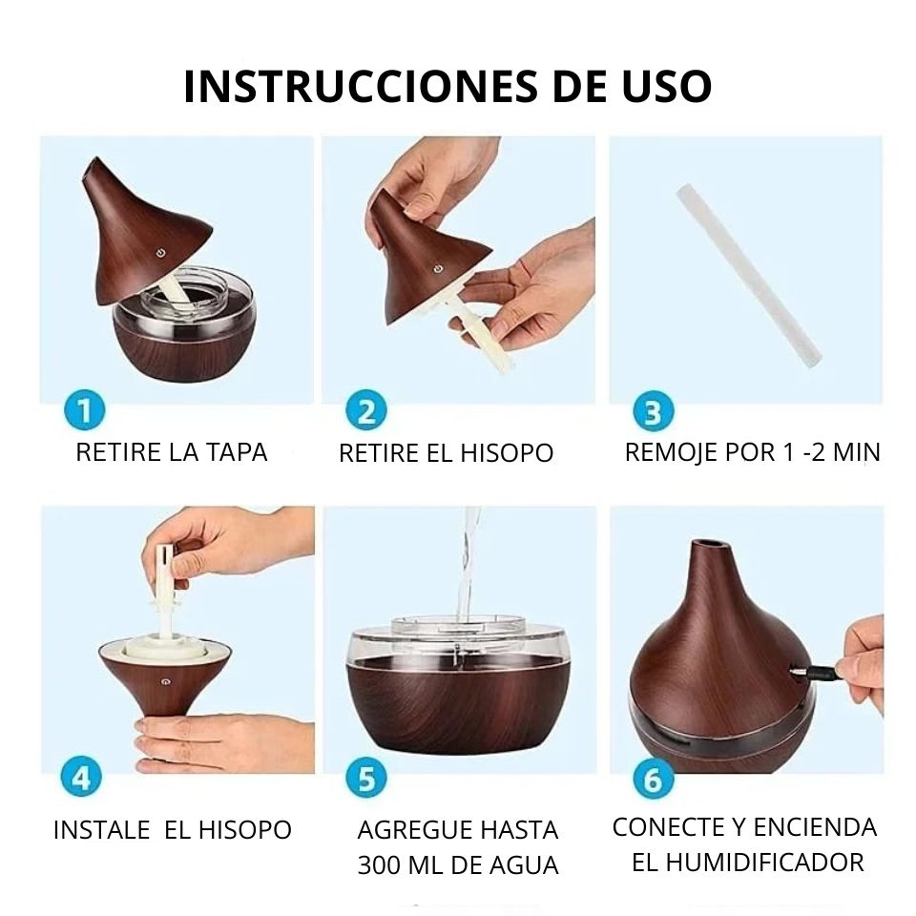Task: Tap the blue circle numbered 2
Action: tap(366, 412)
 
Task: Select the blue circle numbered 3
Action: tap(654, 413)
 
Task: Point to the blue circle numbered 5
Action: tap(366, 779)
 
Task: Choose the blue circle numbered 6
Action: tap(654, 780)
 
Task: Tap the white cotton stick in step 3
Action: tap(749, 277)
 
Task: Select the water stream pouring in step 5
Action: tap(468, 563)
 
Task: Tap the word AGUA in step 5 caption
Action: tap(523, 865)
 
